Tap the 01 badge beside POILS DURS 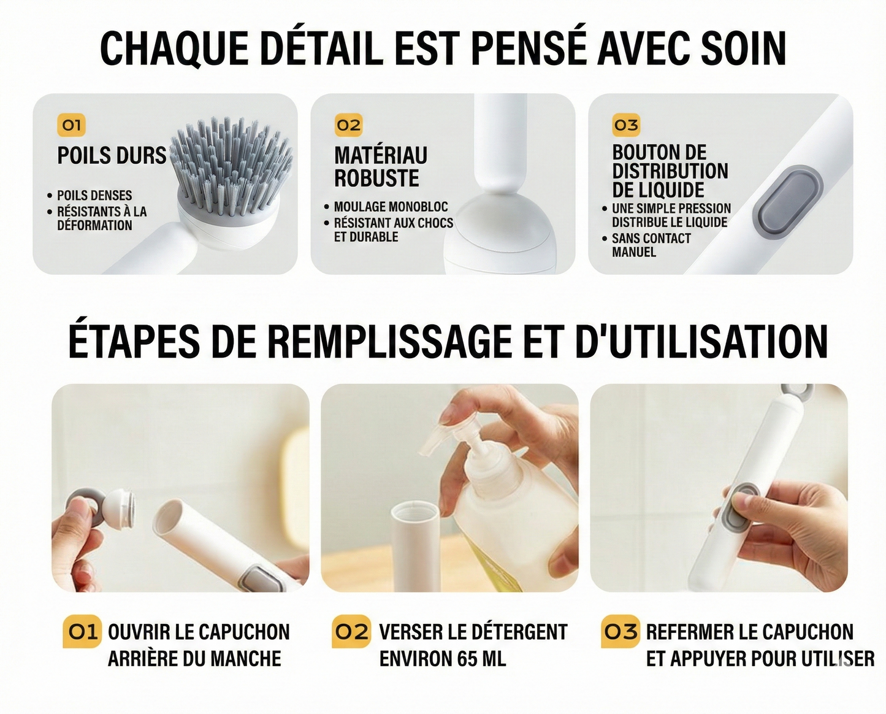pos(71,125)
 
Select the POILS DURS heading pos(112,156)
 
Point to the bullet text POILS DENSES pos(94,196)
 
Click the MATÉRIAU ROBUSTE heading pos(380,167)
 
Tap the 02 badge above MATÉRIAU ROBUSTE pos(348,125)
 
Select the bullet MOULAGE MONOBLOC pos(391,207)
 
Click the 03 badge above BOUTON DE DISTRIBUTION pos(626,125)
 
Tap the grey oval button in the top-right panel pos(789,198)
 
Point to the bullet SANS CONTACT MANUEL pos(651,245)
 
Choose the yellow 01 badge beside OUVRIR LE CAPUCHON pos(82,632)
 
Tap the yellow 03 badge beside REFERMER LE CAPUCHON pos(621,632)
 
